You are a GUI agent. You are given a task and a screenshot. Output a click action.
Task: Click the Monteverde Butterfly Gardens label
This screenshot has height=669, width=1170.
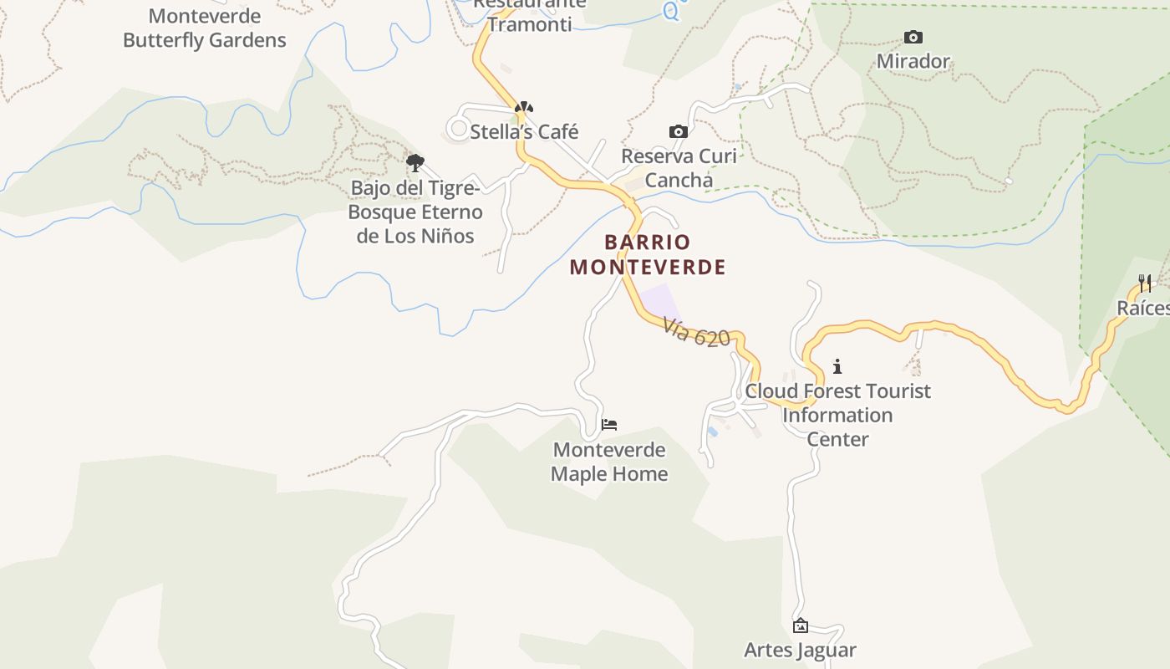click(205, 28)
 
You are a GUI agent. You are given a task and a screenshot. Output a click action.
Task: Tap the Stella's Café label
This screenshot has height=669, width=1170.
click(524, 131)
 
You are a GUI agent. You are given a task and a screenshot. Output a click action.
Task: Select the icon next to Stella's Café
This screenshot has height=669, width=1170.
click(523, 107)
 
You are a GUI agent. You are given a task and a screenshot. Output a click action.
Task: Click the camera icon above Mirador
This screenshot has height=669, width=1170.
click(913, 37)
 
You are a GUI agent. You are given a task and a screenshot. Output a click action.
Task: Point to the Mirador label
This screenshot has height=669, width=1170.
click(913, 61)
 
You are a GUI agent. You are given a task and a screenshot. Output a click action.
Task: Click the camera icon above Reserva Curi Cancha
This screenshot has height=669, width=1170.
click(679, 131)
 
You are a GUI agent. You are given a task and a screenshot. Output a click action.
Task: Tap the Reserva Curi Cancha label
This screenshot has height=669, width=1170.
click(679, 168)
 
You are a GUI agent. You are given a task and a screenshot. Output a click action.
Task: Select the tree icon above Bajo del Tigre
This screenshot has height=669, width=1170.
click(415, 162)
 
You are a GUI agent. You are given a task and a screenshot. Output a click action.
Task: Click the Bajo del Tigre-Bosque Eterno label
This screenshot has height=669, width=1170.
click(415, 212)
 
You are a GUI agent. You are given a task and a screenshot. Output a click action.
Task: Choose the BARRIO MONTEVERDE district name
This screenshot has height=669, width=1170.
click(648, 254)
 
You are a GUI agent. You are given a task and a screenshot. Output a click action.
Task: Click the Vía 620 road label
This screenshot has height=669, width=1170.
click(697, 332)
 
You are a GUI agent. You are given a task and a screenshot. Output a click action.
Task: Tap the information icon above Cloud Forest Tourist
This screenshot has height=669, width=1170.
click(837, 366)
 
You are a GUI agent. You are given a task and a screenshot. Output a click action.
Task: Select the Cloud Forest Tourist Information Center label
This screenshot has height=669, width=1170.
click(837, 415)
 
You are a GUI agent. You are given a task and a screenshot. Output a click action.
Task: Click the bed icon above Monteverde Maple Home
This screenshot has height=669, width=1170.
click(609, 425)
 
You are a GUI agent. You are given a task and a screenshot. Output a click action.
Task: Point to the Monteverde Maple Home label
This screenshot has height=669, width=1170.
click(609, 462)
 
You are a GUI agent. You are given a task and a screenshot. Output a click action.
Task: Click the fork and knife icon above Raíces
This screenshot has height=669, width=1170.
click(1145, 283)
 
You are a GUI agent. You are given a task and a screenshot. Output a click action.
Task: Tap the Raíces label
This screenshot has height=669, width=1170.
click(1143, 308)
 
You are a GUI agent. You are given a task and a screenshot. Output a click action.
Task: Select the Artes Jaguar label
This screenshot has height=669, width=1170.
click(800, 650)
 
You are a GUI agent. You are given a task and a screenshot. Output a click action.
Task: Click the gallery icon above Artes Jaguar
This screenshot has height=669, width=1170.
click(800, 626)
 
